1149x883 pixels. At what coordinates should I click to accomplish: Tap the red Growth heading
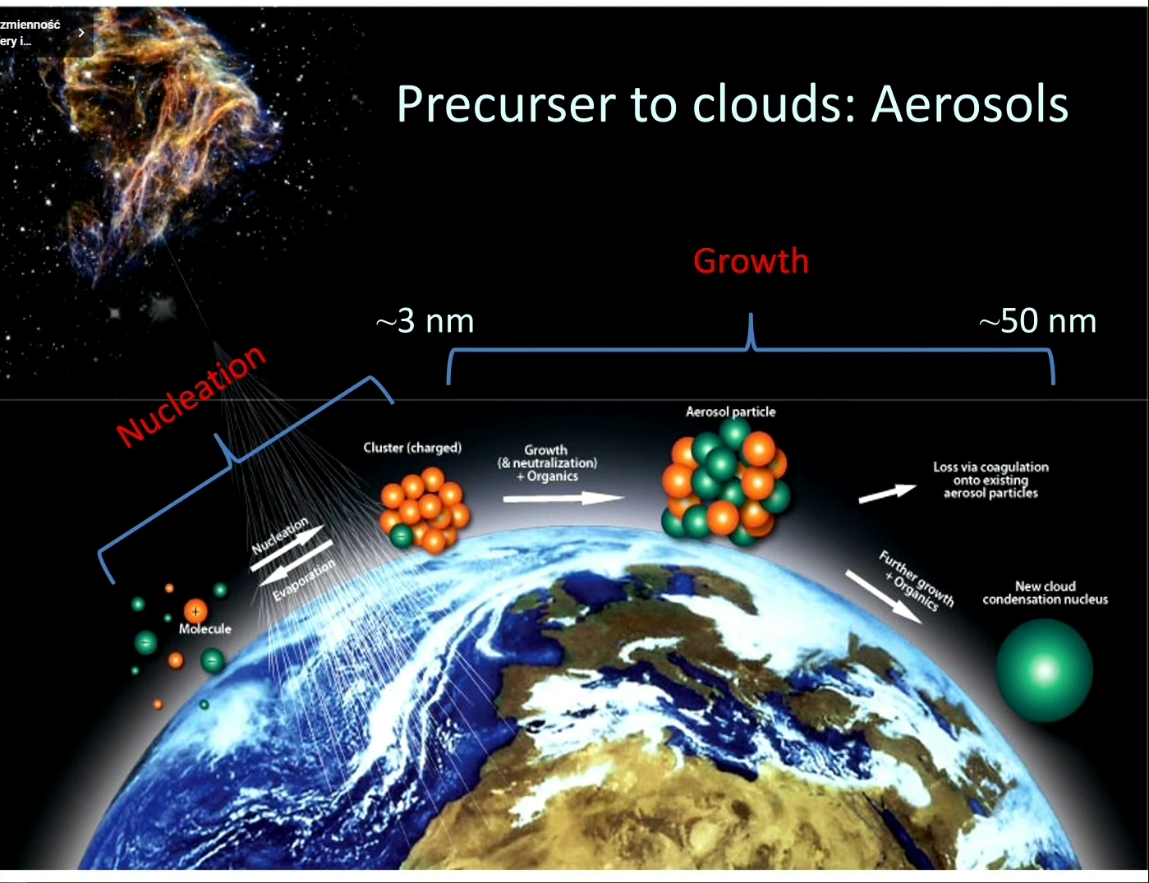[x=751, y=260]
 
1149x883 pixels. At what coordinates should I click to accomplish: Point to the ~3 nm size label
[x=425, y=320]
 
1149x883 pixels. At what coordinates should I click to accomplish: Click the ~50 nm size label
[x=1037, y=320]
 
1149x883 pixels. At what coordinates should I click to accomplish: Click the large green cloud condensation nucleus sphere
[x=1044, y=670]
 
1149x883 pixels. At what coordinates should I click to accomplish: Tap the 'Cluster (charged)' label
[x=412, y=448]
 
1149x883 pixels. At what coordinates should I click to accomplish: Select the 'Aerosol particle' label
[x=731, y=412]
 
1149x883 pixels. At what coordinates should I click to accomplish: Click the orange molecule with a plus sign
[x=195, y=612]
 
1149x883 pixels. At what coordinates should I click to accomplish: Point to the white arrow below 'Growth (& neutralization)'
[x=563, y=498]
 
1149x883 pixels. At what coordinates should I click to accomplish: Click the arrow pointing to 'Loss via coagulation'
[x=887, y=493]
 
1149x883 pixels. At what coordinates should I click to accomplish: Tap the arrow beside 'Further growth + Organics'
[x=884, y=597]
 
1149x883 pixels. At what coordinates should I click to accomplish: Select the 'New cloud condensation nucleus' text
[x=1046, y=593]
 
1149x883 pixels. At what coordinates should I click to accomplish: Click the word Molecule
[x=205, y=628]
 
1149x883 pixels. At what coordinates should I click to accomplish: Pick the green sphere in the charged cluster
[x=402, y=536]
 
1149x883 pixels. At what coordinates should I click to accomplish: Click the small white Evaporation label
[x=304, y=580]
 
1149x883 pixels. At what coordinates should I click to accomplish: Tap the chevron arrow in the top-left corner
[x=81, y=33]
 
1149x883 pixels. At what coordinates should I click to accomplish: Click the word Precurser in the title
[x=507, y=104]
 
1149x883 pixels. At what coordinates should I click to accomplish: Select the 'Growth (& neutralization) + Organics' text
[x=547, y=463]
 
